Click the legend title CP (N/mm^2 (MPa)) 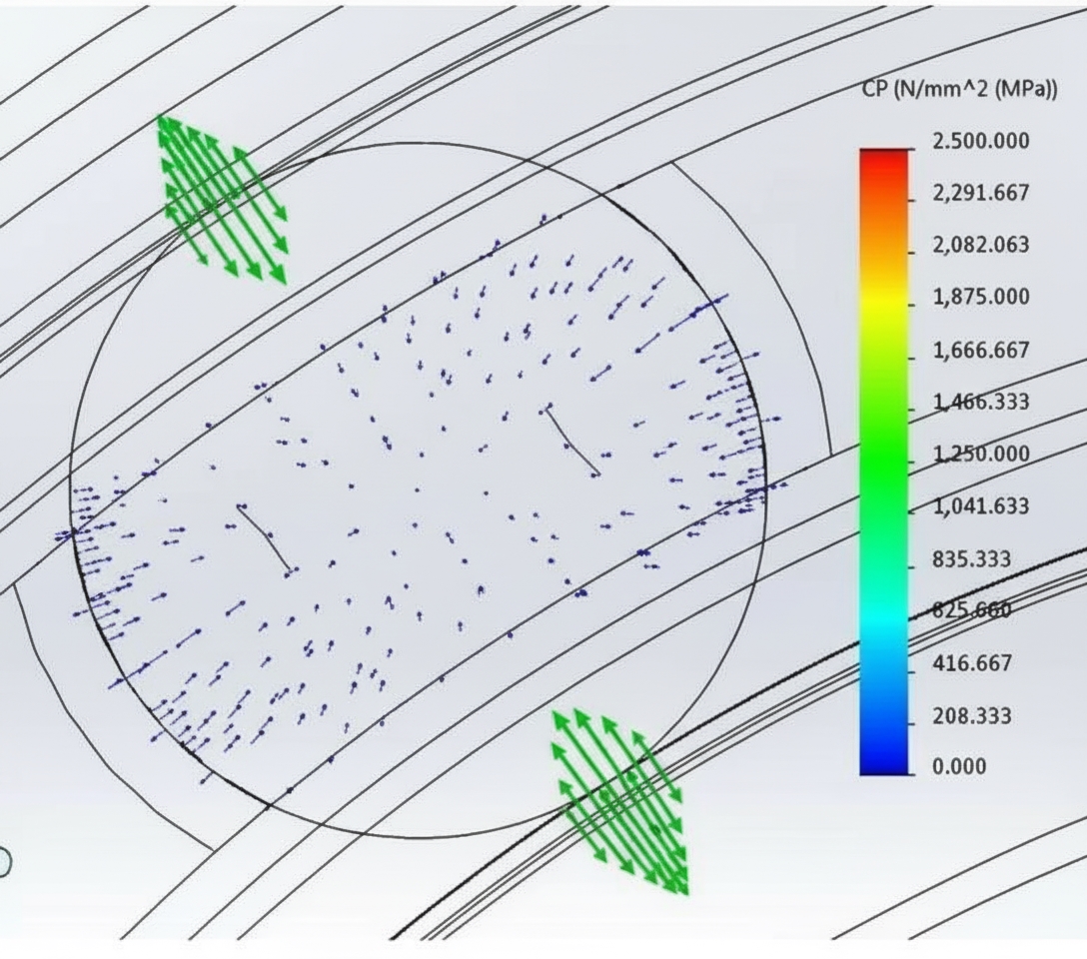pyautogui.click(x=958, y=90)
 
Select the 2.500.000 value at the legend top pyautogui.click(x=979, y=141)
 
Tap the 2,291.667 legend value pyautogui.click(x=979, y=193)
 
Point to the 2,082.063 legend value pyautogui.click(x=979, y=245)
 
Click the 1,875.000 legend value pyautogui.click(x=979, y=297)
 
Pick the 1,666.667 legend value pyautogui.click(x=979, y=351)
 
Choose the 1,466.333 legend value pyautogui.click(x=979, y=402)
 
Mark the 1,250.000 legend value pyautogui.click(x=979, y=455)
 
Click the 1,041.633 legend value pyautogui.click(x=979, y=506)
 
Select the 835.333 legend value pyautogui.click(x=971, y=558)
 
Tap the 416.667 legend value pyautogui.click(x=971, y=663)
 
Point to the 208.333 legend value pyautogui.click(x=971, y=716)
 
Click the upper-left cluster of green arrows pyautogui.click(x=223, y=198)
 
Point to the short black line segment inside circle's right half pyautogui.click(x=572, y=441)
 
